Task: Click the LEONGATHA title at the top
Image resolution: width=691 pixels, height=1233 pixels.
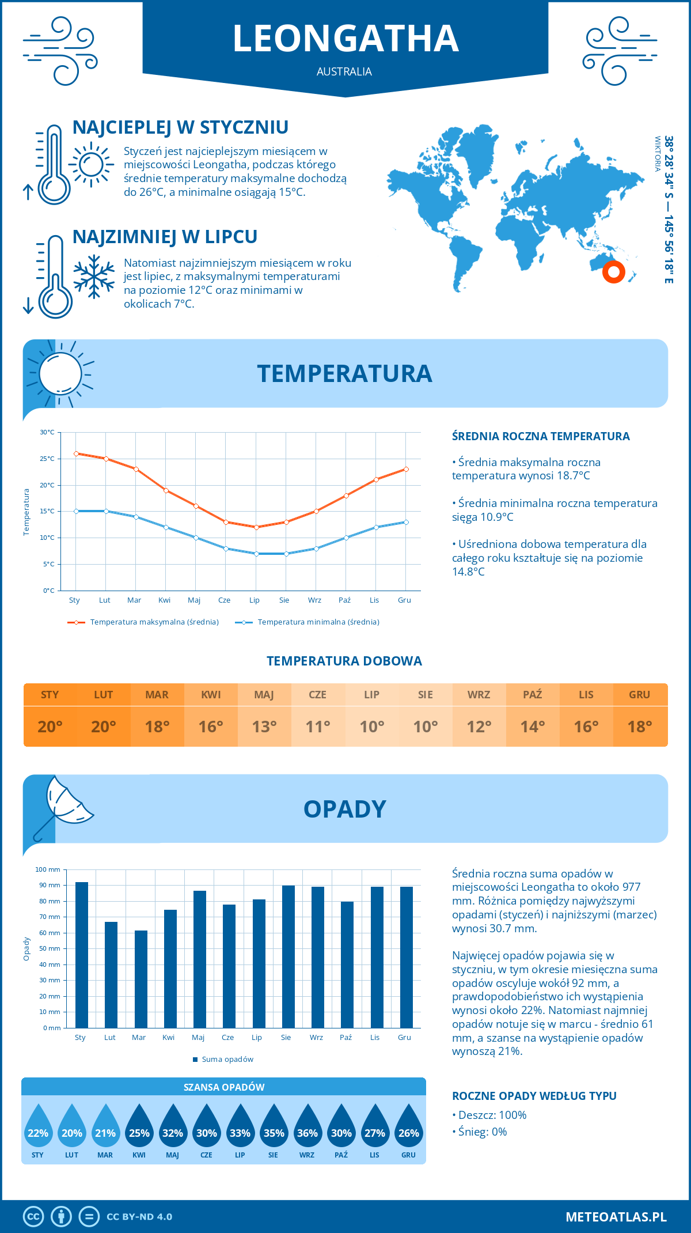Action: tap(345, 39)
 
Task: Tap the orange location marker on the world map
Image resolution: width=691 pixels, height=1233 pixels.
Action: tap(613, 271)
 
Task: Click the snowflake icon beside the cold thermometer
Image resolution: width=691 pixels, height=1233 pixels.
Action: tap(94, 277)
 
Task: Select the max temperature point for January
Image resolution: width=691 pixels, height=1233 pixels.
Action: tap(76, 453)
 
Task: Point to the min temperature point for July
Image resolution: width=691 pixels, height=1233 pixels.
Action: tap(256, 554)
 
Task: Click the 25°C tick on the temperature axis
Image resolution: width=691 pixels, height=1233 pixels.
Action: tap(47, 459)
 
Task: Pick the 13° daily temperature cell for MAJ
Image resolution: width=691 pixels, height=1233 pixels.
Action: tap(264, 727)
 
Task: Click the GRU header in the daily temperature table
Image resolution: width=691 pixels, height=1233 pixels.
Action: tap(639, 694)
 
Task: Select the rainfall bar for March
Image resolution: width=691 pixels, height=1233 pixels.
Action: tap(141, 979)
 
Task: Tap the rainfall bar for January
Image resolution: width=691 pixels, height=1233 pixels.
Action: tap(82, 955)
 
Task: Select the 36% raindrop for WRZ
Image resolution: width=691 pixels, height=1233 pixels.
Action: tap(307, 1127)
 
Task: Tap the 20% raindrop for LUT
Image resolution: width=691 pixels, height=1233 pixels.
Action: tap(71, 1127)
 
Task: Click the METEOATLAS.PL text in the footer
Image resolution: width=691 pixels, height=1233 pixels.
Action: tap(616, 1217)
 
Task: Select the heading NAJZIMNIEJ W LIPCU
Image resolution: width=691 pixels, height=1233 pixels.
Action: tap(165, 237)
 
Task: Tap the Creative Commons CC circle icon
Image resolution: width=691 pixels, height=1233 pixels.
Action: tap(33, 1217)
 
